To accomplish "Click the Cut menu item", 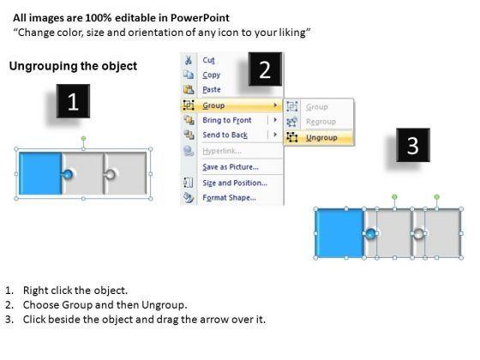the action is [208, 60].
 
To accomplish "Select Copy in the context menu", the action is [211, 75].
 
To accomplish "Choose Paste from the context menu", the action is [212, 89].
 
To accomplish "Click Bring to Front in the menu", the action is [227, 120].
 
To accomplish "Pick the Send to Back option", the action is [225, 135].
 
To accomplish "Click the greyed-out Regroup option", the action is [321, 122].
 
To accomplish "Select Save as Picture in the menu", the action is [231, 167].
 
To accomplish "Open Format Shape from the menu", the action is [230, 197].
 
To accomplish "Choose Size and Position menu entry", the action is [235, 183].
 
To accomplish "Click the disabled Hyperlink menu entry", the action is [222, 151].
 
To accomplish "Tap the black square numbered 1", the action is [73, 101].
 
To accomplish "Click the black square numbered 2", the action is [265, 69].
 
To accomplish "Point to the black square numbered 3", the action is [413, 145].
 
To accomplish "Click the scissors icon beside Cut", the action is [189, 60].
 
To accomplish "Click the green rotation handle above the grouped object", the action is [83, 139].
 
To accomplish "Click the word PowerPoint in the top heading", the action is [200, 18].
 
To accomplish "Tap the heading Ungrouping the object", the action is [73, 66].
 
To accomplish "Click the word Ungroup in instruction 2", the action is [164, 305].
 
